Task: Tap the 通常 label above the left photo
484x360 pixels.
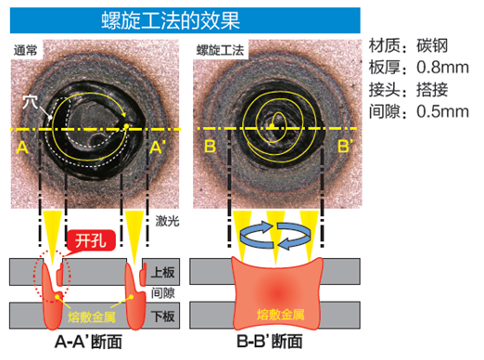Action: pyautogui.click(x=28, y=48)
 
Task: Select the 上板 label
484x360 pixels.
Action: pyautogui.click(x=162, y=272)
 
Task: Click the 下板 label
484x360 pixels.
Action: pyautogui.click(x=162, y=315)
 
